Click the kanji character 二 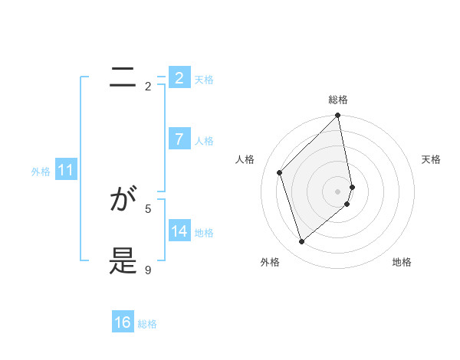123,77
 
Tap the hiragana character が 123,201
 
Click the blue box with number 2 179,78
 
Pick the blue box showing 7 179,139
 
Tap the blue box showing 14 179,231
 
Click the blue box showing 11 65,170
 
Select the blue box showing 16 123,322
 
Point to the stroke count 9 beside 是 148,270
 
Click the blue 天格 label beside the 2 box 204,80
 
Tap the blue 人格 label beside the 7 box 204,141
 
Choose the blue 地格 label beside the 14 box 204,233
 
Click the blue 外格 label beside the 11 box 41,172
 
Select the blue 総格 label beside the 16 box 147,324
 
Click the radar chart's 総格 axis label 338,100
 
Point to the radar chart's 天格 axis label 432,159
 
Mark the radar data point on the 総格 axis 338,116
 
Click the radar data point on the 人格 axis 280,172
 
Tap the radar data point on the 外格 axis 302,241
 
